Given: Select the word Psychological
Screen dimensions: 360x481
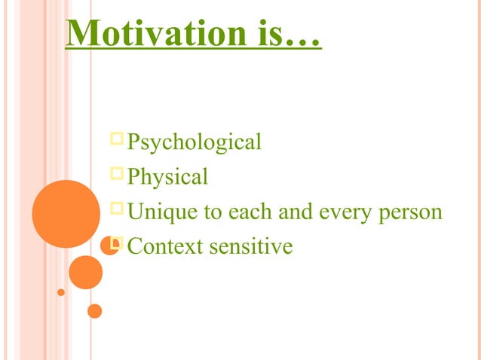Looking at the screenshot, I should point(195,142).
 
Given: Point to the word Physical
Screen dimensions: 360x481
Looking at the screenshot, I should point(167,177).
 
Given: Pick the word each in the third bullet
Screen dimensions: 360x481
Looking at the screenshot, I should point(252,212).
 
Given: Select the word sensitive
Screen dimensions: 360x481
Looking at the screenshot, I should point(252,246).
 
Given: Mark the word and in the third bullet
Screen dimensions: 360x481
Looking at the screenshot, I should point(298,212).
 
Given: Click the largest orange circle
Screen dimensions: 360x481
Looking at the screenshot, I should point(66,214).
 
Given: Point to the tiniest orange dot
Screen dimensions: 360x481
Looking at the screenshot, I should point(61,292).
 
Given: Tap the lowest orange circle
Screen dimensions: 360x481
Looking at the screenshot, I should point(94,310).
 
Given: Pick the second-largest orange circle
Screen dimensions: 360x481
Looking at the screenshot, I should point(85,272).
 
